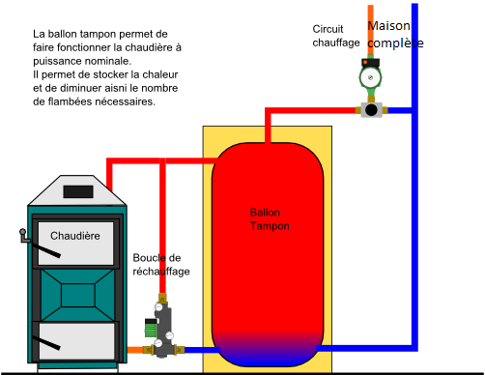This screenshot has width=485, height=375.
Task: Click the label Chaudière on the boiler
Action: (75, 236)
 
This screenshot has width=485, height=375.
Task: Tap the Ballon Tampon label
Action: (270, 219)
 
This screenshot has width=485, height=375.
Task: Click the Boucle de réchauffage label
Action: (161, 265)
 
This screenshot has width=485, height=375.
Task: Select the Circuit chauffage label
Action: (336, 36)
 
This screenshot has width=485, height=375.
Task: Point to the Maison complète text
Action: (395, 35)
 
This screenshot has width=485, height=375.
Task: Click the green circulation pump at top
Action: (370, 77)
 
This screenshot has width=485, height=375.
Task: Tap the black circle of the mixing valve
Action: (371, 110)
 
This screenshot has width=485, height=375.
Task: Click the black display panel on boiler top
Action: (78, 192)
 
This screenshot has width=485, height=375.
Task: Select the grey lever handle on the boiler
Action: (24, 236)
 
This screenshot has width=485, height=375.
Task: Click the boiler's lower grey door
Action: (76, 341)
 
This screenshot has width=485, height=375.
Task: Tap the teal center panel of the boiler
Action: (78, 295)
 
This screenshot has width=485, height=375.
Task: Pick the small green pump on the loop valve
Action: (151, 328)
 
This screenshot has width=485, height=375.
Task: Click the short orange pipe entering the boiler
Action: (135, 350)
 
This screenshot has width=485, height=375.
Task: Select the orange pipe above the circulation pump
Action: (371, 31)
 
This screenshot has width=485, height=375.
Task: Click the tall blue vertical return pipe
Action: (414, 177)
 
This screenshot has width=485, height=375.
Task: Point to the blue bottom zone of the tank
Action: (268, 351)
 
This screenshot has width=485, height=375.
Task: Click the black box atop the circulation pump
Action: (370, 62)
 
